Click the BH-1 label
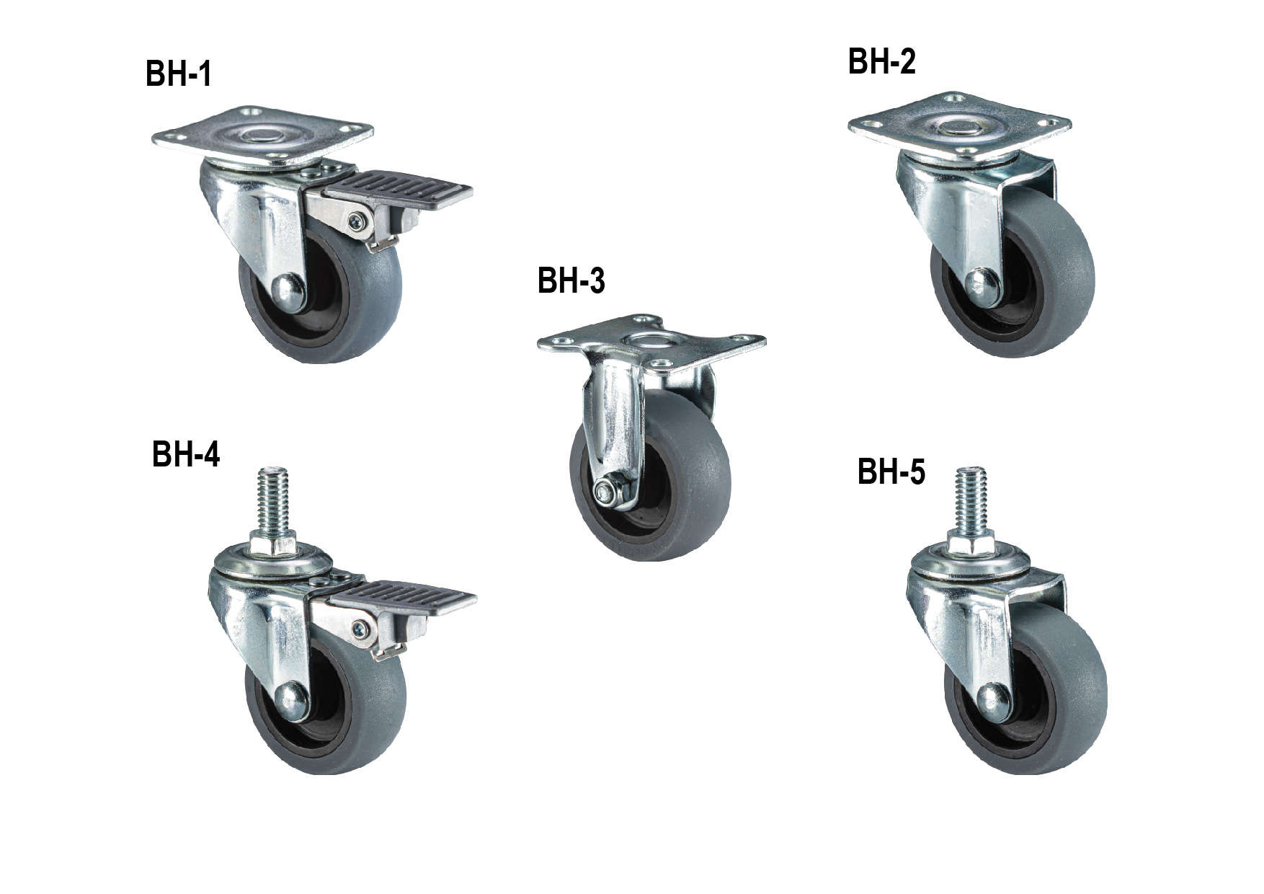point(178,74)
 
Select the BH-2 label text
point(881,61)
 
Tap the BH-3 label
point(571,280)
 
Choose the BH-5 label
point(891,472)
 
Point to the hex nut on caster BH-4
point(273,542)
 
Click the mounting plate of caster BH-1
point(262,136)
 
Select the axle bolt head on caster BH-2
point(982,286)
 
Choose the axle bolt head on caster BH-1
point(288,293)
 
